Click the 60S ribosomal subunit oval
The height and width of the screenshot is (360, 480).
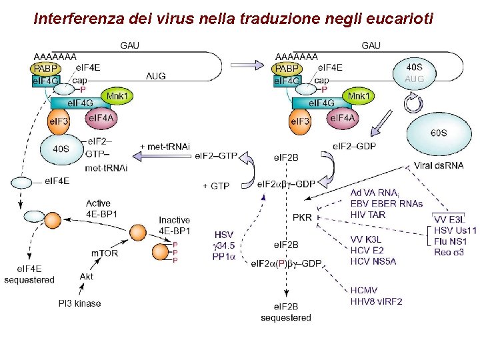pyautogui.click(x=438, y=133)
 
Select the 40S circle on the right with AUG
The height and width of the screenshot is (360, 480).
pyautogui.click(x=413, y=73)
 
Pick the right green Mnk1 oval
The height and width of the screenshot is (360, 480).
pyautogui.click(x=359, y=97)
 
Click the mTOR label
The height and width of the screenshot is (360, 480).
pyautogui.click(x=105, y=253)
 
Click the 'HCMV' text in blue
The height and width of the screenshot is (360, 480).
pyautogui.click(x=365, y=290)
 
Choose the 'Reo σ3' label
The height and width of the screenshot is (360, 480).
pyautogui.click(x=448, y=252)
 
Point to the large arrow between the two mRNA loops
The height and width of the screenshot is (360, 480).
pyautogui.click(x=246, y=65)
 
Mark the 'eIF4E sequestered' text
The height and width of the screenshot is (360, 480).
pyautogui.click(x=29, y=275)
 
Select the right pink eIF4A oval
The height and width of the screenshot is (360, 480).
pyautogui.click(x=341, y=119)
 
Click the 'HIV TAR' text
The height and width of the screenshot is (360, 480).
pyautogui.click(x=367, y=215)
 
